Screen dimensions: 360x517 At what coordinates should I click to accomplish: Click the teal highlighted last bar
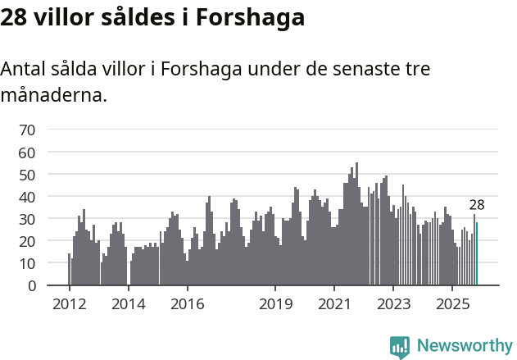point(476,254)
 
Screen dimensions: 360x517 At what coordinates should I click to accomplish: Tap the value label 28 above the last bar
point(477,205)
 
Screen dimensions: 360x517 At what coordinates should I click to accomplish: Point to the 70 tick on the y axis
point(27,130)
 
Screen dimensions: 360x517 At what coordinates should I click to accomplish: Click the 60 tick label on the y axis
point(27,153)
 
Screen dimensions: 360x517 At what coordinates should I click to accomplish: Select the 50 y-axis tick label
point(27,175)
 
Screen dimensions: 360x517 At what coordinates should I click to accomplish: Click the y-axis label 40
point(27,197)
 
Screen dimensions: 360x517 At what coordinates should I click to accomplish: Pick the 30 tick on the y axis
point(27,219)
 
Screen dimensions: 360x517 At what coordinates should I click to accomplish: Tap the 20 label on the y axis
point(27,241)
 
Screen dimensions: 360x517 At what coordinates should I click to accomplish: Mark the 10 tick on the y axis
point(27,264)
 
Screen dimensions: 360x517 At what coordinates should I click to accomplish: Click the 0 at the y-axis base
point(31,286)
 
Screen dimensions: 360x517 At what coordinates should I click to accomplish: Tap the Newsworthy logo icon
point(400,346)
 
